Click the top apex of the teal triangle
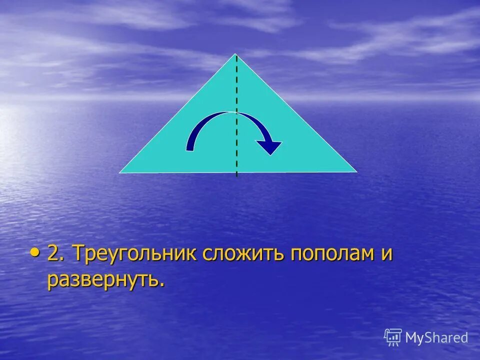click(x=236, y=54)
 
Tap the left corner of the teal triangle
click(x=120, y=172)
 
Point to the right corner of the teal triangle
click(x=355, y=171)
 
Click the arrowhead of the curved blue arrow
click(x=270, y=147)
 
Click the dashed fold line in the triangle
click(x=236, y=90)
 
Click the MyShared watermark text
click(x=436, y=337)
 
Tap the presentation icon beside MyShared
click(x=393, y=337)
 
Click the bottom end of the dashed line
click(x=236, y=175)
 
